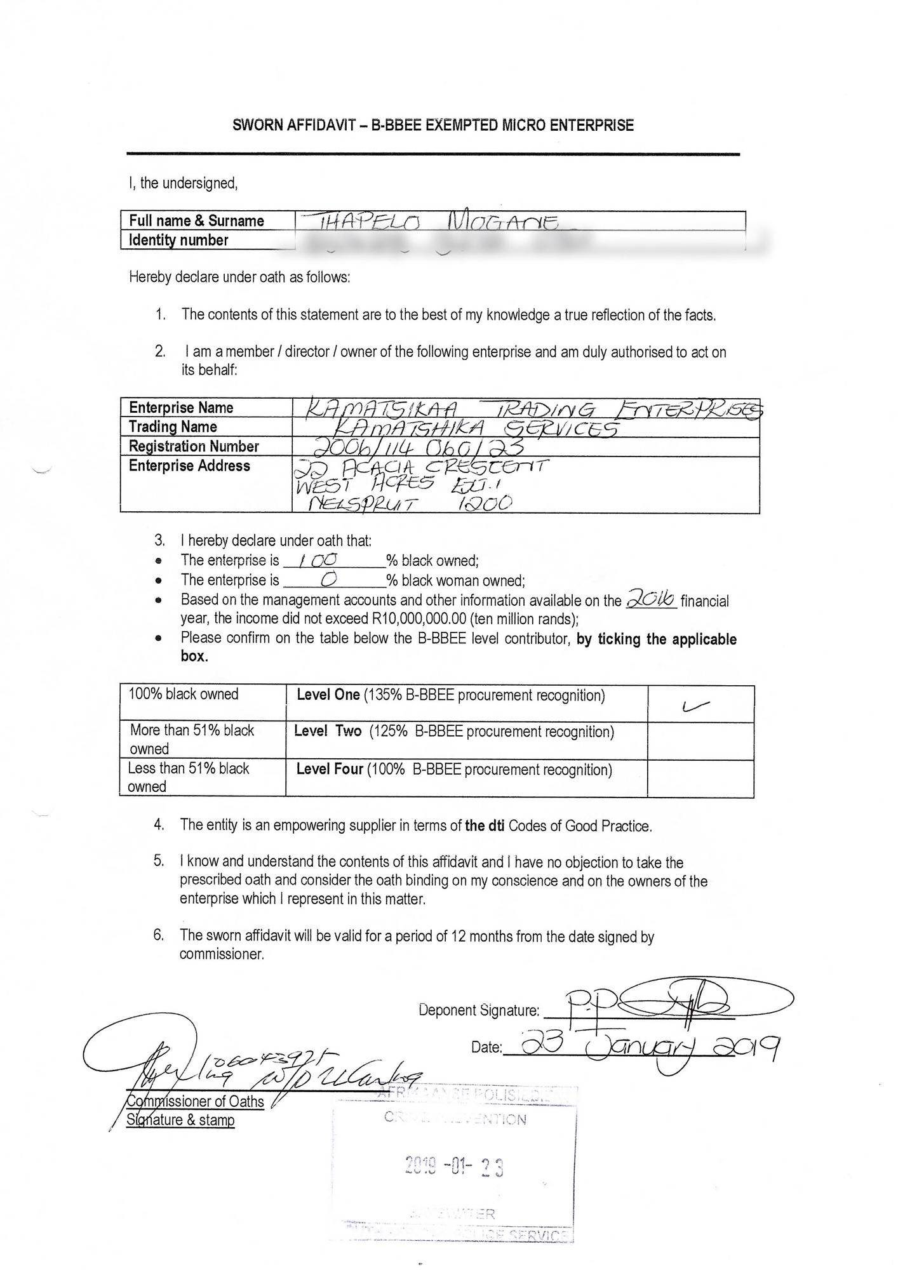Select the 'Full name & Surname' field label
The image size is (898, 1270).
[x=196, y=221]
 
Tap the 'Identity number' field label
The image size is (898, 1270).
[x=178, y=240]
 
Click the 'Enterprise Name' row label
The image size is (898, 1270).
[x=181, y=408]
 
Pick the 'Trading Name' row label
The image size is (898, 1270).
[x=173, y=427]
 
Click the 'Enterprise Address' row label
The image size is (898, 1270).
[x=189, y=466]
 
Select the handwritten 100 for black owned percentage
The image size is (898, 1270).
[x=318, y=560]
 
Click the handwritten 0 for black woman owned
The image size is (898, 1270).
[x=329, y=579]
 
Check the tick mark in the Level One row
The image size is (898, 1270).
[x=695, y=705]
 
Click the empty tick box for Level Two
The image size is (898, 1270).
[x=700, y=741]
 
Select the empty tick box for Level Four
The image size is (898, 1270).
[x=700, y=779]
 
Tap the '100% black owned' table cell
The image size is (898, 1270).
[x=184, y=694]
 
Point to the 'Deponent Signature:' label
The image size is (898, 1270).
[x=479, y=1010]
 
